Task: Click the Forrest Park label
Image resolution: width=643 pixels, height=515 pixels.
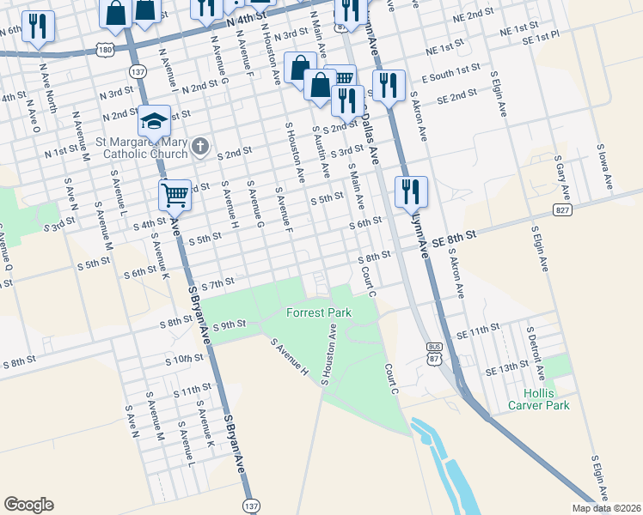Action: pos(320,313)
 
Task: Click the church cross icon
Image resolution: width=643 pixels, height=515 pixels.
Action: pos(199,147)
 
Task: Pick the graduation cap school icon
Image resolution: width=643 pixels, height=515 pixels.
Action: pos(154,121)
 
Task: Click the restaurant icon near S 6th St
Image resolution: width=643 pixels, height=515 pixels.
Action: pos(411,191)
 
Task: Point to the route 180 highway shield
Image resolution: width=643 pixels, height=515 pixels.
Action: pos(105,50)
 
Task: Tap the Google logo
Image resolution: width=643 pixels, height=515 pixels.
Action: pos(28,505)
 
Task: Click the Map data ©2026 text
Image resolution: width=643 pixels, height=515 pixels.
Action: pos(607,508)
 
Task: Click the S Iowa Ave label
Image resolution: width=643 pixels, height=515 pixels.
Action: pos(605,167)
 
